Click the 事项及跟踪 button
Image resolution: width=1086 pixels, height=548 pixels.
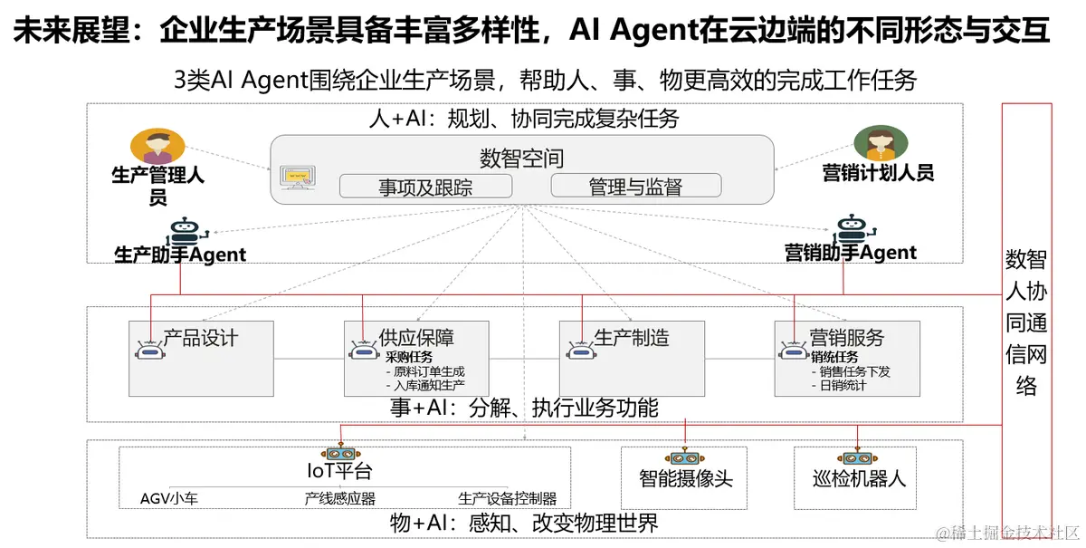point(425,187)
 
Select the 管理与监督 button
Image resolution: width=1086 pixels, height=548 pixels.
point(635,187)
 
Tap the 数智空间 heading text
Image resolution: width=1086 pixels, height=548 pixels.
point(522,159)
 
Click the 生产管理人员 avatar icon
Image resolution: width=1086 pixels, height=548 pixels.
point(157,146)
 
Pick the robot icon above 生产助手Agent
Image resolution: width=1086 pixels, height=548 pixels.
point(184,231)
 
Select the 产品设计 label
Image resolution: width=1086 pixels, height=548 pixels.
point(200,338)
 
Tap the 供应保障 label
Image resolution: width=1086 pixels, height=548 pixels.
point(416,338)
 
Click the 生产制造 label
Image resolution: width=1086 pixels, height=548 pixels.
point(632,338)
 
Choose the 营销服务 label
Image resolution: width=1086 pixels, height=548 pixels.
point(846,338)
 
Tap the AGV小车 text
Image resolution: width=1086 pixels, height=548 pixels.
point(169,498)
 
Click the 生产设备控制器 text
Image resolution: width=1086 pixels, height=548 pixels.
point(507,498)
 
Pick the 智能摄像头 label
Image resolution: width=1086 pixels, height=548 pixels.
point(685,478)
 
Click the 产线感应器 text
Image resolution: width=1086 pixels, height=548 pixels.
point(340,498)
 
